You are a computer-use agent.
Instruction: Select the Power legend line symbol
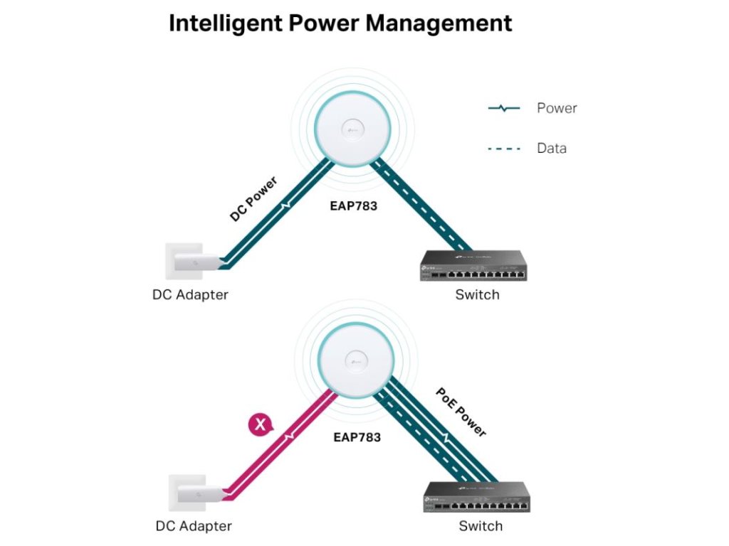503,109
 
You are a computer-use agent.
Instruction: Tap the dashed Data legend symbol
503,149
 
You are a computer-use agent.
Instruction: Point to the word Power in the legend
557,109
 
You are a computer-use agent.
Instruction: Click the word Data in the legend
552,149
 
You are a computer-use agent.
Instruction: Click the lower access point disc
354,360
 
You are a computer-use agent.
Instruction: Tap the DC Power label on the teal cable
253,199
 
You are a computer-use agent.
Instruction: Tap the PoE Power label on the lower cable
461,412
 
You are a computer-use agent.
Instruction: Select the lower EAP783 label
357,437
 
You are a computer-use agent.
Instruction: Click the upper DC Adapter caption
190,294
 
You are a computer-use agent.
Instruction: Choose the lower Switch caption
481,527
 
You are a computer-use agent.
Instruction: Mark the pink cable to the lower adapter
285,441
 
